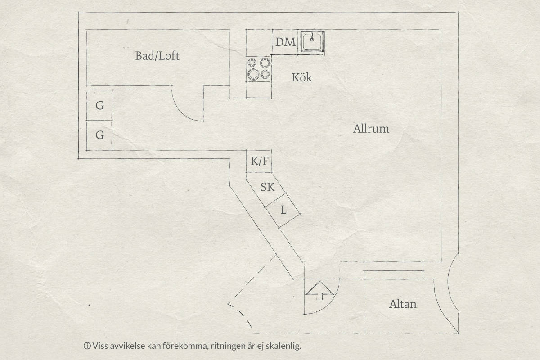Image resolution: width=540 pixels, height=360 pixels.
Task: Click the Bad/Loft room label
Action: point(157,56)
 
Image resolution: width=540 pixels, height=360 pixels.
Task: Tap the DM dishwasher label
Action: point(285,42)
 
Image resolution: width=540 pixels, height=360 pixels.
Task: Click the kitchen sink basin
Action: point(312,41)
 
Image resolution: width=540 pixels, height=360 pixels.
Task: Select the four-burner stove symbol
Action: point(259,69)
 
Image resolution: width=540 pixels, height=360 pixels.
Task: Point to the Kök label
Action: point(302,77)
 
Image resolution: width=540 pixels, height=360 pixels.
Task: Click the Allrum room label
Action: point(371,129)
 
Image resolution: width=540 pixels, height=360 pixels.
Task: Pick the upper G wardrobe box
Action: point(99,105)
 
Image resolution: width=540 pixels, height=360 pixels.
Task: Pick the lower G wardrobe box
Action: point(99,135)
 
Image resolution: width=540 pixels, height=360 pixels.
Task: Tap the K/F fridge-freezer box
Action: point(259,161)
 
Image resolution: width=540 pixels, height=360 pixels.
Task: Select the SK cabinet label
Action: point(267,187)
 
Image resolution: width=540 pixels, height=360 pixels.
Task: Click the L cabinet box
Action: point(283,210)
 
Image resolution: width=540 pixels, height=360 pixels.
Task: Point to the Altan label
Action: point(403,304)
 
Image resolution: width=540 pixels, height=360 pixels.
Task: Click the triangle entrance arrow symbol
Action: point(319,290)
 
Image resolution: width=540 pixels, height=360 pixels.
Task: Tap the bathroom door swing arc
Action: point(182,110)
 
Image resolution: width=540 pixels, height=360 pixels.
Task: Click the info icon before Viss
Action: point(87,346)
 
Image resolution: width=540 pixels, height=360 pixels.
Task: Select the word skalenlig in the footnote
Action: point(283,346)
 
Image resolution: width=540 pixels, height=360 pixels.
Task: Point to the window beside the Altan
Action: point(393,270)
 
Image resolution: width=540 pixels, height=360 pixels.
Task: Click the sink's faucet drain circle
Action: point(312,39)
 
